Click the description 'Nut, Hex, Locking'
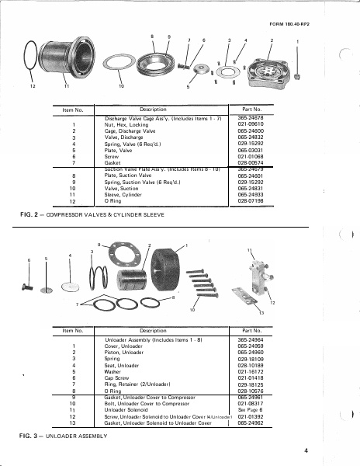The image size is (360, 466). pos(122,124)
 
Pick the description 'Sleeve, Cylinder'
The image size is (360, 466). pos(122,195)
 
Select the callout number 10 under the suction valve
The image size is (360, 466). pos(120,85)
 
